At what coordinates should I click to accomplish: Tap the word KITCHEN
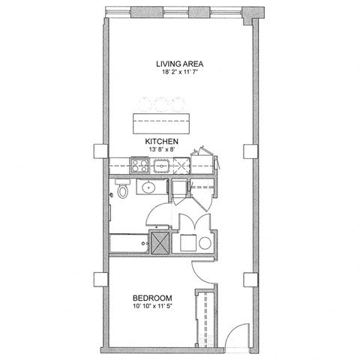click(161, 140)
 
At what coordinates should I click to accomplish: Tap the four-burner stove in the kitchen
click(139, 163)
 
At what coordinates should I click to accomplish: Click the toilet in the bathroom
click(121, 191)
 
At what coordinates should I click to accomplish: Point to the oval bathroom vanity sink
click(149, 187)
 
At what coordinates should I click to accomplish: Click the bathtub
click(130, 243)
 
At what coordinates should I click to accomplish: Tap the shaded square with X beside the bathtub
click(160, 242)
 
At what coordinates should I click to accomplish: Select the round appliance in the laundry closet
click(205, 242)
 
